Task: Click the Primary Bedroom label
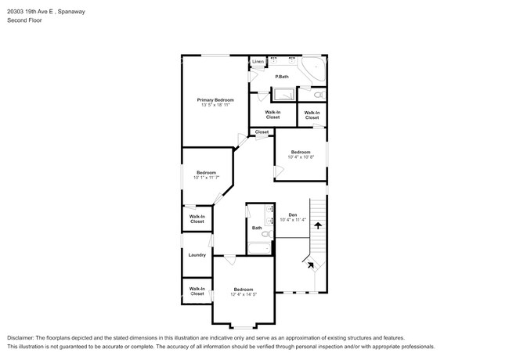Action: [x=215, y=100]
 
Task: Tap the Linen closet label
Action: [x=258, y=62]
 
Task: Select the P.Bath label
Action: [x=282, y=77]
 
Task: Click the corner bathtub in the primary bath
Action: [x=313, y=69]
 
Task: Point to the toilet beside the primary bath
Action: [x=320, y=95]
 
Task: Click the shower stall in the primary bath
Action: [x=283, y=95]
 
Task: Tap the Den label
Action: [x=293, y=214]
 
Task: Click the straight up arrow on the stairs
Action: [x=318, y=225]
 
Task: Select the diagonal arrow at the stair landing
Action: [x=311, y=265]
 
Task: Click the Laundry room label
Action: [x=197, y=255]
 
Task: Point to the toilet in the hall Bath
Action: [x=268, y=233]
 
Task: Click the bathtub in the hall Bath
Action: [x=259, y=249]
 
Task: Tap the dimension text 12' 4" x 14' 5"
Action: [x=244, y=294]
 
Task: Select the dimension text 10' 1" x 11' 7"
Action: [x=207, y=178]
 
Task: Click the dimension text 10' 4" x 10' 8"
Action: [x=301, y=157]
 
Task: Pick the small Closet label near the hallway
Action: [x=262, y=132]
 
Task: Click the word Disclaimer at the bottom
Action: [x=20, y=338]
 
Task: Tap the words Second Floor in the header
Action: [x=25, y=20]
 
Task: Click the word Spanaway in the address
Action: [x=71, y=12]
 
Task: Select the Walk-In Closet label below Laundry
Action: [x=197, y=291]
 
